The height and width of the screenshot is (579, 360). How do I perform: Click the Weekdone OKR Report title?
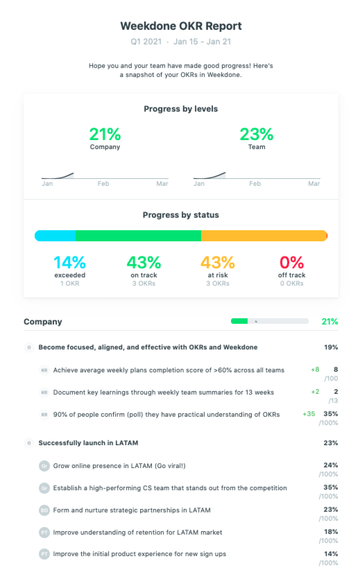pyautogui.click(x=181, y=26)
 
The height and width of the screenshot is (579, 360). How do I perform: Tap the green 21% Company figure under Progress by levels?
pyautogui.click(x=105, y=135)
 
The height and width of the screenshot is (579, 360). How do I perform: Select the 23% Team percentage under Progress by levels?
pyautogui.click(x=256, y=135)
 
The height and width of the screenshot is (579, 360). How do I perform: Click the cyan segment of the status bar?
pyautogui.click(x=55, y=236)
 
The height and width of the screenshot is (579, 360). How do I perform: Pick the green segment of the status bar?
pyautogui.click(x=138, y=236)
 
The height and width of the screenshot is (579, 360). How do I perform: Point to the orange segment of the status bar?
pyautogui.click(x=264, y=236)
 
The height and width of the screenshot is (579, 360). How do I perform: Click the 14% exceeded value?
pyautogui.click(x=70, y=262)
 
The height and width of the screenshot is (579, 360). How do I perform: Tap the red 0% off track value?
pyautogui.click(x=291, y=262)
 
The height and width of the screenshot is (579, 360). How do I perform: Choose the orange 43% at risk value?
pyautogui.click(x=217, y=262)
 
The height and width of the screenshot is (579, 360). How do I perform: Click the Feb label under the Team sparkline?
pyautogui.click(x=255, y=184)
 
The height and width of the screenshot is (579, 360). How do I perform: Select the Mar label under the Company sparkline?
pyautogui.click(x=162, y=184)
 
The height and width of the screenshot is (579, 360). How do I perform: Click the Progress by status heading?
pyautogui.click(x=181, y=215)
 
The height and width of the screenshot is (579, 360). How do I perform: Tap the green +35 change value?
pyautogui.click(x=309, y=414)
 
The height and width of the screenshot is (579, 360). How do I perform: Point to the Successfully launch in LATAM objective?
pyautogui.click(x=88, y=443)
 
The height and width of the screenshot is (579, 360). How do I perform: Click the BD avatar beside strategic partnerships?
pyautogui.click(x=44, y=510)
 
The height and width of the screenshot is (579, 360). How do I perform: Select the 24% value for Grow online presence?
pyautogui.click(x=330, y=465)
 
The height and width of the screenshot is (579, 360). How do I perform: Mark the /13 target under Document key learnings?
pyautogui.click(x=333, y=401)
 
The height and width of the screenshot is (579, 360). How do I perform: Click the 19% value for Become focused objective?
pyautogui.click(x=331, y=347)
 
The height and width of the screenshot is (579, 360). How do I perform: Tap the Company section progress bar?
pyautogui.click(x=270, y=321)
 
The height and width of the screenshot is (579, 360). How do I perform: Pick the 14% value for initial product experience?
pyautogui.click(x=331, y=554)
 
